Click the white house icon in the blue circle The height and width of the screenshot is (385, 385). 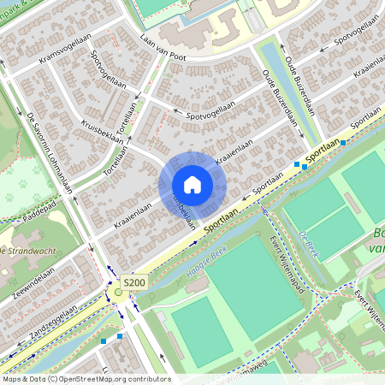[192, 185]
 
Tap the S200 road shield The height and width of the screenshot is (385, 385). [134, 282]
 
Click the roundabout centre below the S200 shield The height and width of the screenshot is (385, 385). [118, 293]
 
